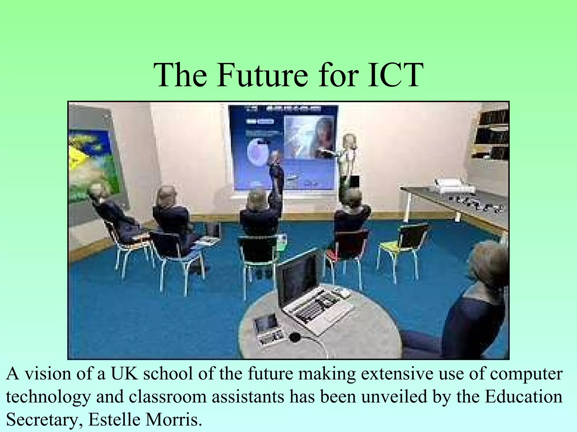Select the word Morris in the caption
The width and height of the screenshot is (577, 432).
(x=174, y=420)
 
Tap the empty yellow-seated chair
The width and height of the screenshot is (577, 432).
(x=403, y=247)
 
